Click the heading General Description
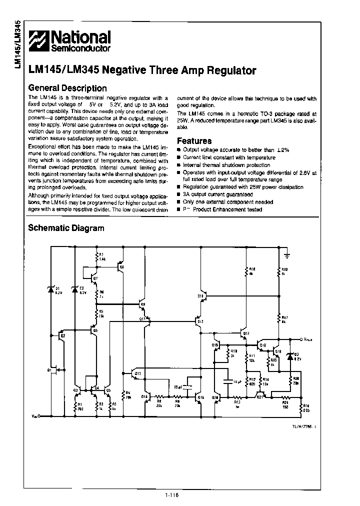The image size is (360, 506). pyautogui.click(x=67, y=88)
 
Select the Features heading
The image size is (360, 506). pyautogui.click(x=194, y=141)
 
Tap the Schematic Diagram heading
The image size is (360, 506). pyautogui.click(x=66, y=228)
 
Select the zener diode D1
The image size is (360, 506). pyautogui.click(x=50, y=289)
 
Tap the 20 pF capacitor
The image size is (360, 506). pyautogui.click(x=187, y=387)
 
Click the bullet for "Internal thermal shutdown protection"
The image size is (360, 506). pyautogui.click(x=179, y=165)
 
